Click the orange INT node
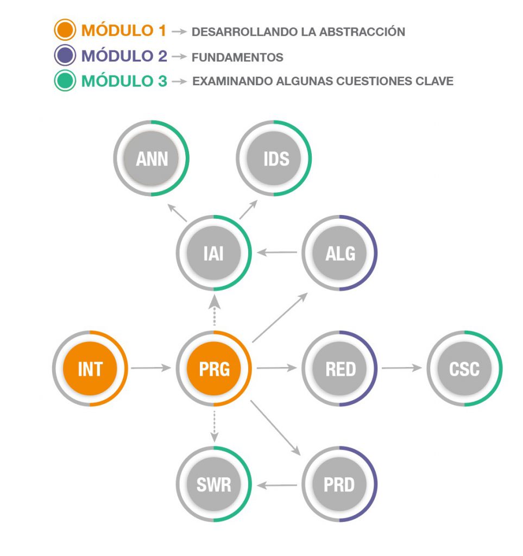coord(90,369)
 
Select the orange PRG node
coord(214,369)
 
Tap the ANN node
coord(152,159)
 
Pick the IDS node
coord(275,159)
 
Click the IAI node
coord(214,253)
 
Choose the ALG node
coord(340,253)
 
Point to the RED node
coord(340,369)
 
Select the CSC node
coord(465,369)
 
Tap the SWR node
coord(214,484)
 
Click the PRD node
coord(340,484)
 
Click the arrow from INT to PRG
coord(151,369)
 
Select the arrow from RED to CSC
coord(402,369)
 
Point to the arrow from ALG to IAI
coord(277,252)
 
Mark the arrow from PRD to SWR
coord(277,484)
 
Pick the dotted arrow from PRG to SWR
coord(214,425)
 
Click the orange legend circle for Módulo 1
coord(65,30)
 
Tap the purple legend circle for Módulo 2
coord(65,56)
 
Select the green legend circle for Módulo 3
coord(65,81)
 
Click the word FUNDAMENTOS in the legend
coord(238,57)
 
